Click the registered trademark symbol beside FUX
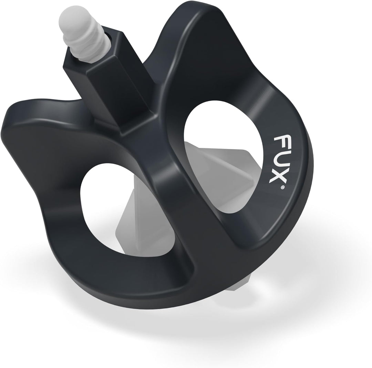[282, 187]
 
